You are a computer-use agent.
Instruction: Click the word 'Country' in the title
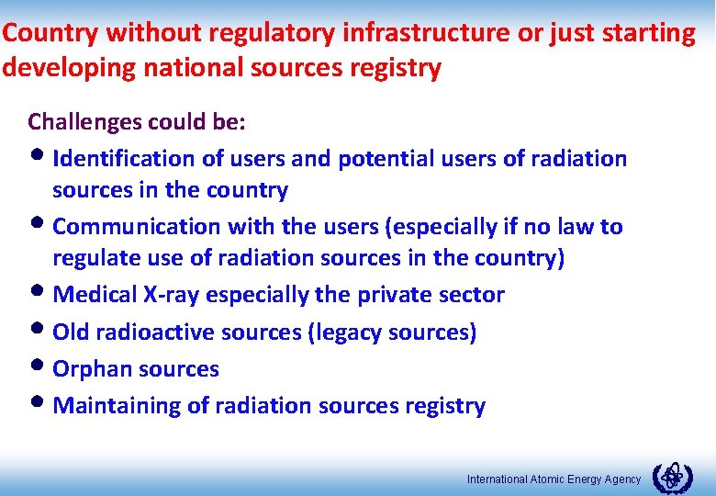click(x=50, y=34)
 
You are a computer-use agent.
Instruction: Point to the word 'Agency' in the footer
click(x=621, y=479)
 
